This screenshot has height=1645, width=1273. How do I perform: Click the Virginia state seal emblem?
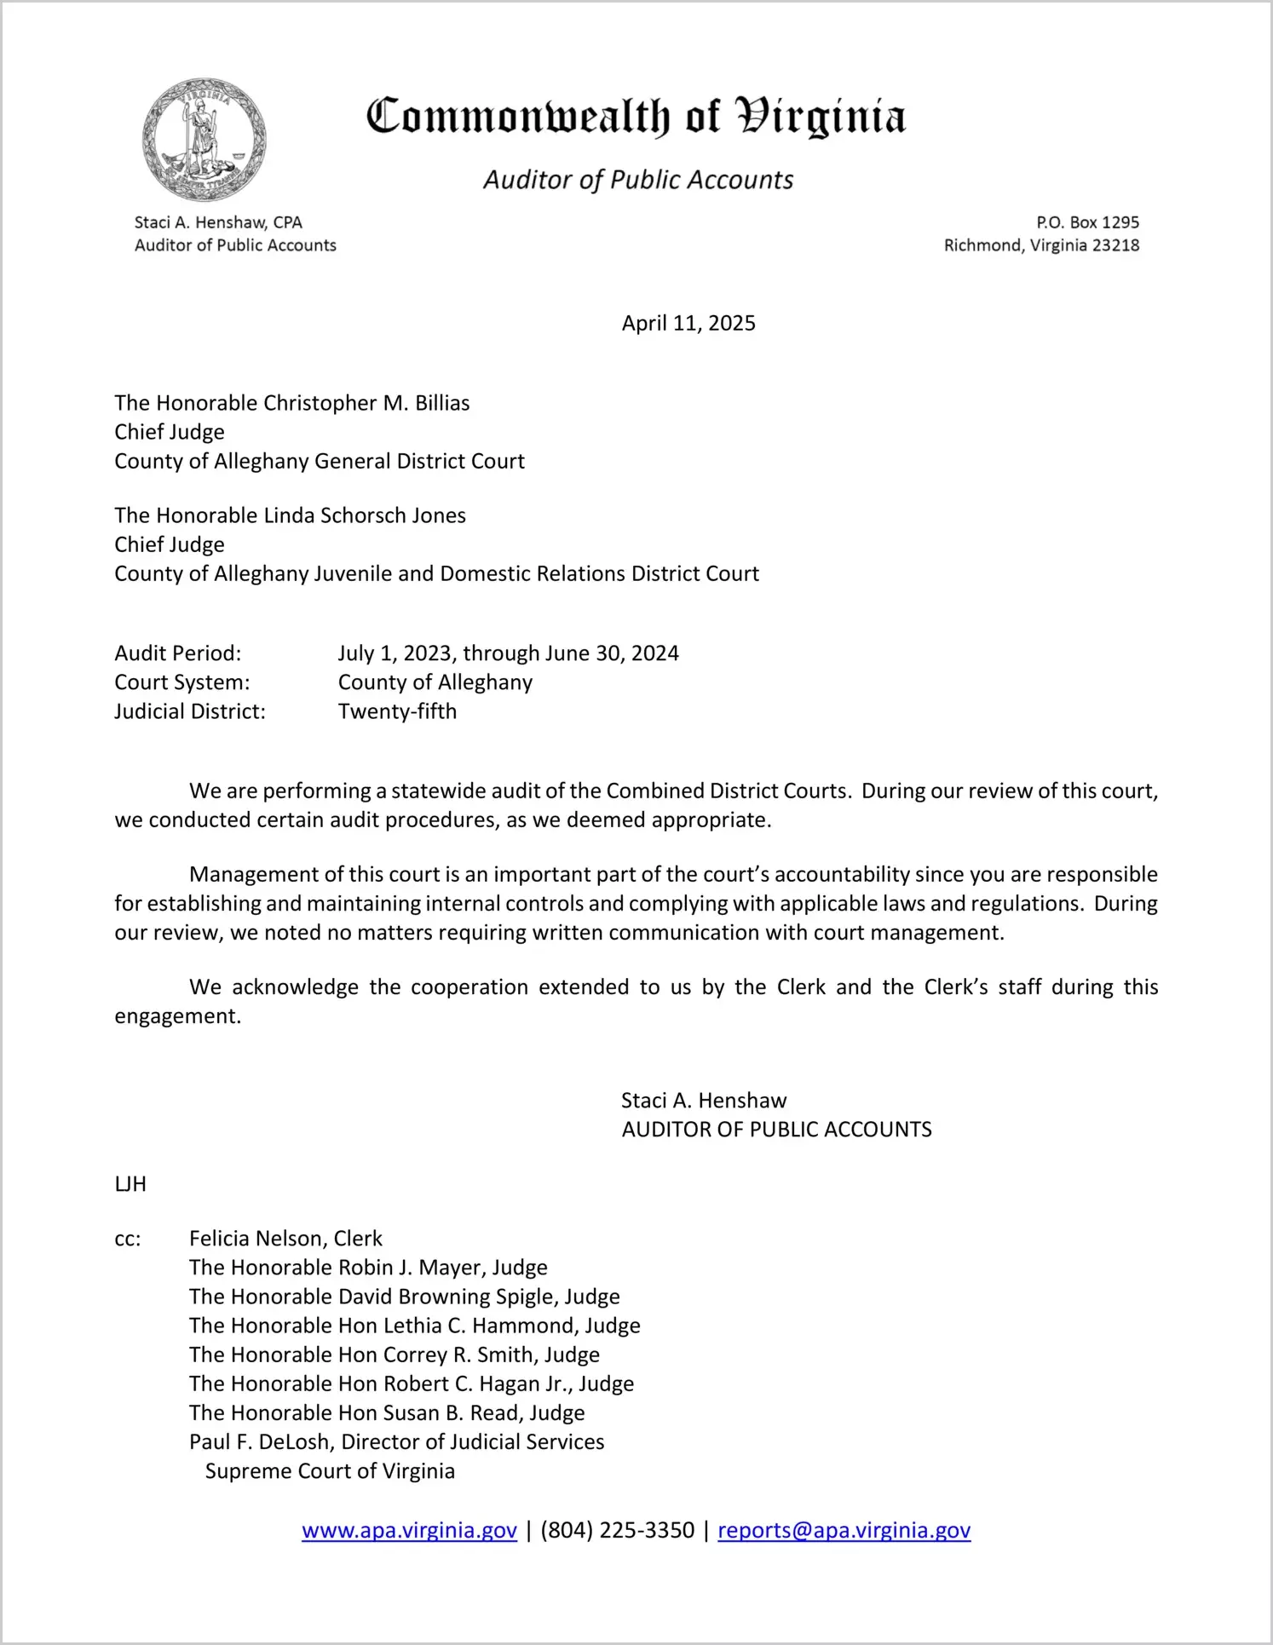204,140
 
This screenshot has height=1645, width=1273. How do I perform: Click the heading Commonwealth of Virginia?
636,117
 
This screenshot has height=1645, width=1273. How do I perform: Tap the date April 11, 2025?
688,324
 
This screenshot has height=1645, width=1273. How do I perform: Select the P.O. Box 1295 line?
1087,222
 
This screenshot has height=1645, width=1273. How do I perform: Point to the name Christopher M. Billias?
366,403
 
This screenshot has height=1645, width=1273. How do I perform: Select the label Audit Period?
178,653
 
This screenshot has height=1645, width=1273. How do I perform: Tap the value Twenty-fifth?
397,711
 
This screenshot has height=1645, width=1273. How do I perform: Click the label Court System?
182,682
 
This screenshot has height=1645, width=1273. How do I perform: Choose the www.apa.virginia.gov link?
409,1531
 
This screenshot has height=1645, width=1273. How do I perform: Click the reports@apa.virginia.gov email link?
844,1531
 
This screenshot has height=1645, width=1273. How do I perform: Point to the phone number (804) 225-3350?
617,1531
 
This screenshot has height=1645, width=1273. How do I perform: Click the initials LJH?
130,1184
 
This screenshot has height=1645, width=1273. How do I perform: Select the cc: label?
128,1239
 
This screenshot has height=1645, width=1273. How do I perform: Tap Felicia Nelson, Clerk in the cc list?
285,1239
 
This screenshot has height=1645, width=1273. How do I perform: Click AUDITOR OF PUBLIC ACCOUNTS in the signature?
776,1130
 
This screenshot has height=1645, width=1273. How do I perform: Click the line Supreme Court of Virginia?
330,1471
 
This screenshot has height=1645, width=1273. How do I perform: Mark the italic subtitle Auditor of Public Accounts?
638,180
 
